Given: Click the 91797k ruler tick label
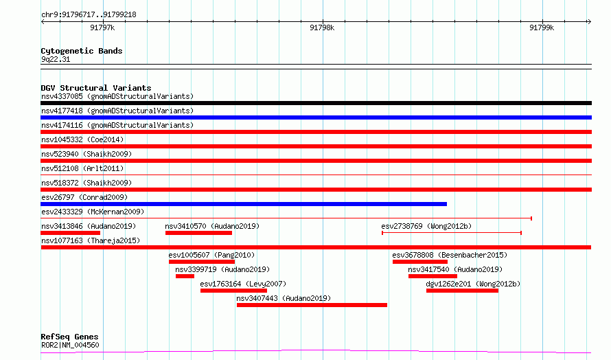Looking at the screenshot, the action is tap(102, 27).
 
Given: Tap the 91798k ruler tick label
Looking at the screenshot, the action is tap(322, 27).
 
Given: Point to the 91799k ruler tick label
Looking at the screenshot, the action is tap(542, 27).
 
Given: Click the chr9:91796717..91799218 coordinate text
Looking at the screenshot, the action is tap(89, 15).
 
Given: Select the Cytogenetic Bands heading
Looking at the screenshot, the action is tap(82, 51).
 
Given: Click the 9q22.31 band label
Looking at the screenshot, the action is tap(56, 59).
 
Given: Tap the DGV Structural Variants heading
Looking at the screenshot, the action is tap(96, 88).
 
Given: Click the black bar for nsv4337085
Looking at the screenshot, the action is tap(316, 103).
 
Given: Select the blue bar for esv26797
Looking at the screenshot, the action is tap(244, 204).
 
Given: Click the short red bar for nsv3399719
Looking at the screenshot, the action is tap(185, 276).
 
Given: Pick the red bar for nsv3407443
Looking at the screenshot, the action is tap(312, 305).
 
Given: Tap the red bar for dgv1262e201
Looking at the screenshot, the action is tap(462, 291).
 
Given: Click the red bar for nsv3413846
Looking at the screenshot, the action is tap(71, 233).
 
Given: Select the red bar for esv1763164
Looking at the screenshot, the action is tap(234, 291).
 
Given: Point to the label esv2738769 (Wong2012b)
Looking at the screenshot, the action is tap(426, 226).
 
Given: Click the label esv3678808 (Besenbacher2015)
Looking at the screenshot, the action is tap(450, 255).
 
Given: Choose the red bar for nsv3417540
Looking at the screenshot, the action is tap(433, 276).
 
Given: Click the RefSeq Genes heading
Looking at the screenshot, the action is tap(69, 337).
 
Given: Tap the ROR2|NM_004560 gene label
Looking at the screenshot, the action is tap(70, 345).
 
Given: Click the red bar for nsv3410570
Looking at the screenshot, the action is tap(198, 233).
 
